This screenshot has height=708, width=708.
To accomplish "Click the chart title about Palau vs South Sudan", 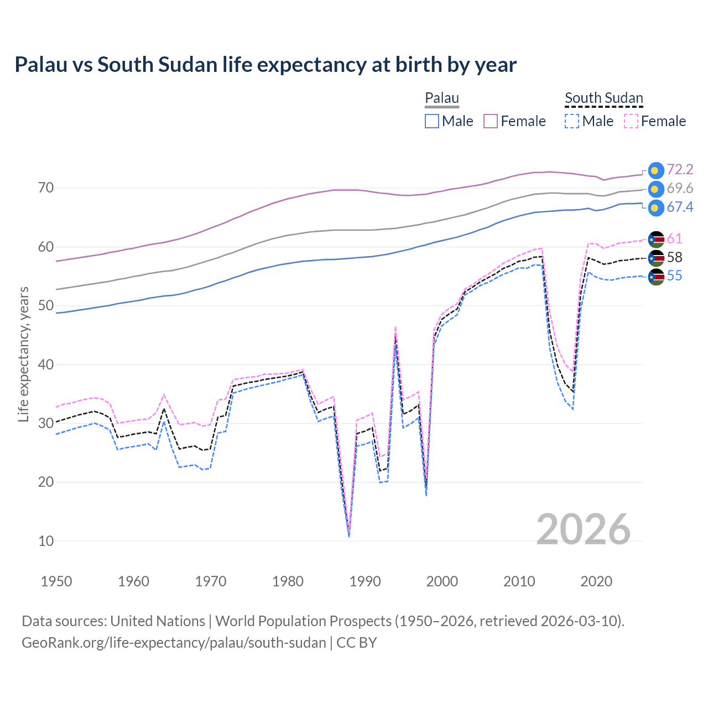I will [265, 65].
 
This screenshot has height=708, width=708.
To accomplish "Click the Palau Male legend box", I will [432, 121].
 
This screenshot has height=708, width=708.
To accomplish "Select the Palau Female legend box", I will [491, 121].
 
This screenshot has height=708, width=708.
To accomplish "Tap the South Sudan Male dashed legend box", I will [572, 121].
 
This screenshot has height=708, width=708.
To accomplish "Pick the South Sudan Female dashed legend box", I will [631, 121].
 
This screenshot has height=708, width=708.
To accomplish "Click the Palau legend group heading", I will [442, 98].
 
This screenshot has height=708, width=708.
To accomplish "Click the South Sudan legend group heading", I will [603, 98].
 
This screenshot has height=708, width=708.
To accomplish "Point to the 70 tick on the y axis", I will [46, 188].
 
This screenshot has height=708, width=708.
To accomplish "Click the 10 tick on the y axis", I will [46, 541].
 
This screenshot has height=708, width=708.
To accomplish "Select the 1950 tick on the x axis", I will [56, 581].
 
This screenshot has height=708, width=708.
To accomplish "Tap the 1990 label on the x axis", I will [365, 581].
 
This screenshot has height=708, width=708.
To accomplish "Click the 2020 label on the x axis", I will [596, 581].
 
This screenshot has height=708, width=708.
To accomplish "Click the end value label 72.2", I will [680, 170].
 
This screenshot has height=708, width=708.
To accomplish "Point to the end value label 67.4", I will [680, 207].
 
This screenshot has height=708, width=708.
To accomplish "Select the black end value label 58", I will [674, 257].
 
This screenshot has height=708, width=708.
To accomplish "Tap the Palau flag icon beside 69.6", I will [655, 189].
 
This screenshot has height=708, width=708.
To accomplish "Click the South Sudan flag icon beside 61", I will [655, 239].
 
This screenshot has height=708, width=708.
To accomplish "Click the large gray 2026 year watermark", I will [583, 529].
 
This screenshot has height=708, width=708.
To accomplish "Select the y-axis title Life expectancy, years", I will [24, 354].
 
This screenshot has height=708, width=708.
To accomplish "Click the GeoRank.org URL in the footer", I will [174, 643].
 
